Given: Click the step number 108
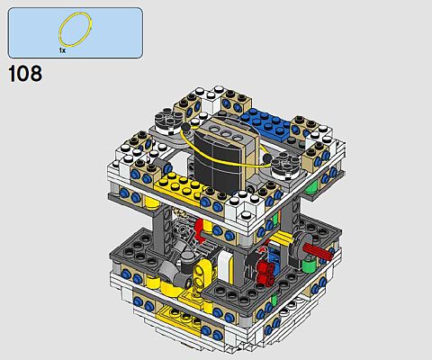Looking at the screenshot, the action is (25, 74).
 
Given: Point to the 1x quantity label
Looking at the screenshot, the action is (62, 50).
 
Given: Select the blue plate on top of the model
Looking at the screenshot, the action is (267, 123).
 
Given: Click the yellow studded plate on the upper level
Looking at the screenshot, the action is (180, 186).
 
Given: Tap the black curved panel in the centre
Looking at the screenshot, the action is (218, 159).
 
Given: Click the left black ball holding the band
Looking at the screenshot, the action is (186, 128).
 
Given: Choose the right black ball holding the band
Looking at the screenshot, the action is (267, 158).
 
